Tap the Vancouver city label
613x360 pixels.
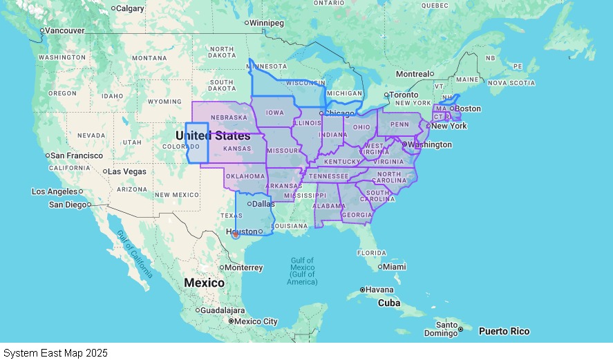coord(65,30)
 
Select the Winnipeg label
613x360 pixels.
coord(266,23)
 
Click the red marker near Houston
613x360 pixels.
coord(235,234)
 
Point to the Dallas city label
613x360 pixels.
coord(263,204)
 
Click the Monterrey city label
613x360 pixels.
coord(244,267)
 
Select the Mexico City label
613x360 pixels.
coord(256,321)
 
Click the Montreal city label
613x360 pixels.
coord(413,74)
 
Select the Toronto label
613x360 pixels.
coord(404,95)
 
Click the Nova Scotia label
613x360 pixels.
coord(511,83)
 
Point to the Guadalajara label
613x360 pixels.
coord(223,310)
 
